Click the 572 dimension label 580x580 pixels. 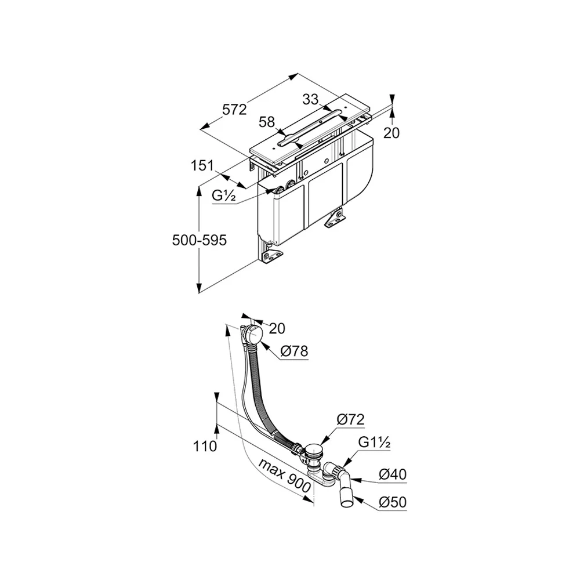[x=234, y=110]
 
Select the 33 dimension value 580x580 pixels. [x=310, y=99]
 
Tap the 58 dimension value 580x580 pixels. [x=267, y=122]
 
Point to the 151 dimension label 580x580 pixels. [x=202, y=165]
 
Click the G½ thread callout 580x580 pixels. [x=224, y=195]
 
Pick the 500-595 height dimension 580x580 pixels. [x=200, y=241]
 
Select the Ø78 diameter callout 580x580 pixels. [x=294, y=351]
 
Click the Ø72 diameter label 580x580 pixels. [x=350, y=419]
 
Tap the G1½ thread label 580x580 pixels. [x=374, y=442]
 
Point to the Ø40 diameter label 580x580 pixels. [x=393, y=474]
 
